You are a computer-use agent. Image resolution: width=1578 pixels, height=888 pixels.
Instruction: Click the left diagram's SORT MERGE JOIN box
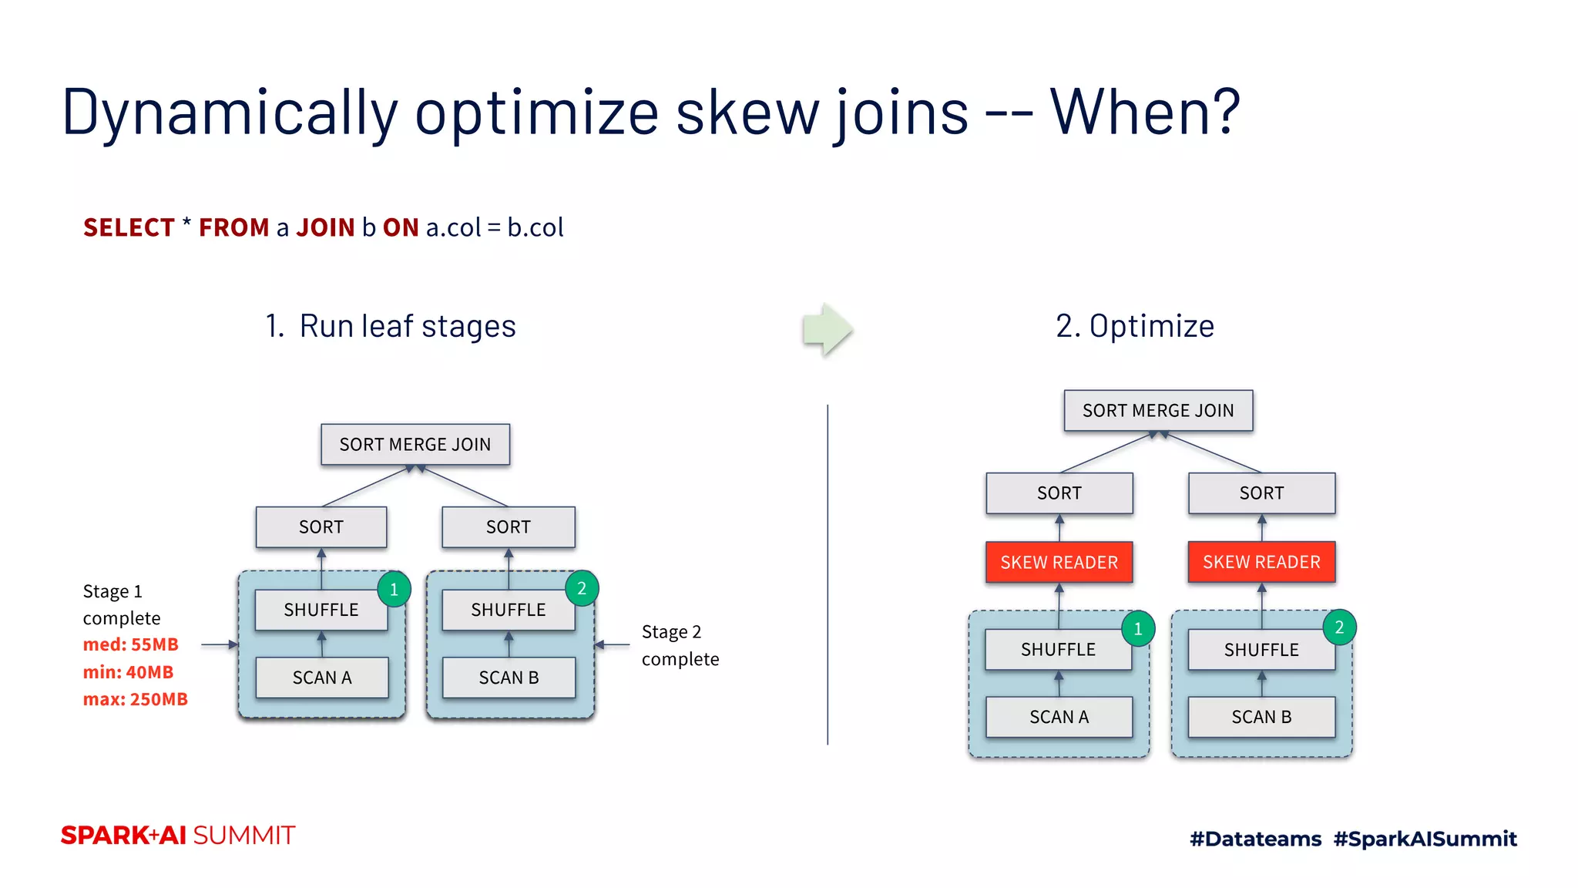point(415,444)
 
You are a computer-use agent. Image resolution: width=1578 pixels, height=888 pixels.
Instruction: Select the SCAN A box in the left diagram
point(321,678)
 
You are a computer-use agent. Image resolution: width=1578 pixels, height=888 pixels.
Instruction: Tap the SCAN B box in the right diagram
point(1261,717)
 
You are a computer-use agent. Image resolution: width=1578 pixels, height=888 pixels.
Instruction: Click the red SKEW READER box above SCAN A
point(1059,562)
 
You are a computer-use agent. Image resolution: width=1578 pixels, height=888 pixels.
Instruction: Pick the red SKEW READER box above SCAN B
point(1261,562)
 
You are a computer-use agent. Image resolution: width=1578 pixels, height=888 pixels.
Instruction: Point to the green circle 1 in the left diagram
point(394,590)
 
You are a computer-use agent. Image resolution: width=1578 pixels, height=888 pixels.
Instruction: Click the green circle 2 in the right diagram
point(1339,627)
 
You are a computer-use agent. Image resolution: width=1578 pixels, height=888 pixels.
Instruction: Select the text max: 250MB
point(136,699)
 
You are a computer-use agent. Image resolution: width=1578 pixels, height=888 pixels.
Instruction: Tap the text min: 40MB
point(128,672)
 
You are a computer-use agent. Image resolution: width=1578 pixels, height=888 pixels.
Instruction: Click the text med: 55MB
point(131,644)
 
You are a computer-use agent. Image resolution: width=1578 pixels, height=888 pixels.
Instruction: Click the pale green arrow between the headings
point(826,329)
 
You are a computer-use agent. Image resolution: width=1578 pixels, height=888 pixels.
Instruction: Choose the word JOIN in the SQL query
point(325,227)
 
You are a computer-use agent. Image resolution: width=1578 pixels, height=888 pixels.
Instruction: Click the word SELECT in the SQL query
point(129,227)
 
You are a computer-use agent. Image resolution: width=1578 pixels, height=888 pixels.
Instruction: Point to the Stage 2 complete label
point(680,645)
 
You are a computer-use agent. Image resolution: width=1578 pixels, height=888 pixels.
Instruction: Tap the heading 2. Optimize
point(1134,326)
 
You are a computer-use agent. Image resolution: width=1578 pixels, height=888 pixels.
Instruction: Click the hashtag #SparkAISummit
point(1425,839)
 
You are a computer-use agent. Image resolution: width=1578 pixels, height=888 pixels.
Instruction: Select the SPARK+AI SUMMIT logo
point(178,836)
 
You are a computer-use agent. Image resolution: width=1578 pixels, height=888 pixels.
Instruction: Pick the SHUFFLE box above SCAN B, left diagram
point(508,610)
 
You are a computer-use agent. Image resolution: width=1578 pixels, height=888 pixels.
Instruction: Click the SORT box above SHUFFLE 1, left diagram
point(321,527)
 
